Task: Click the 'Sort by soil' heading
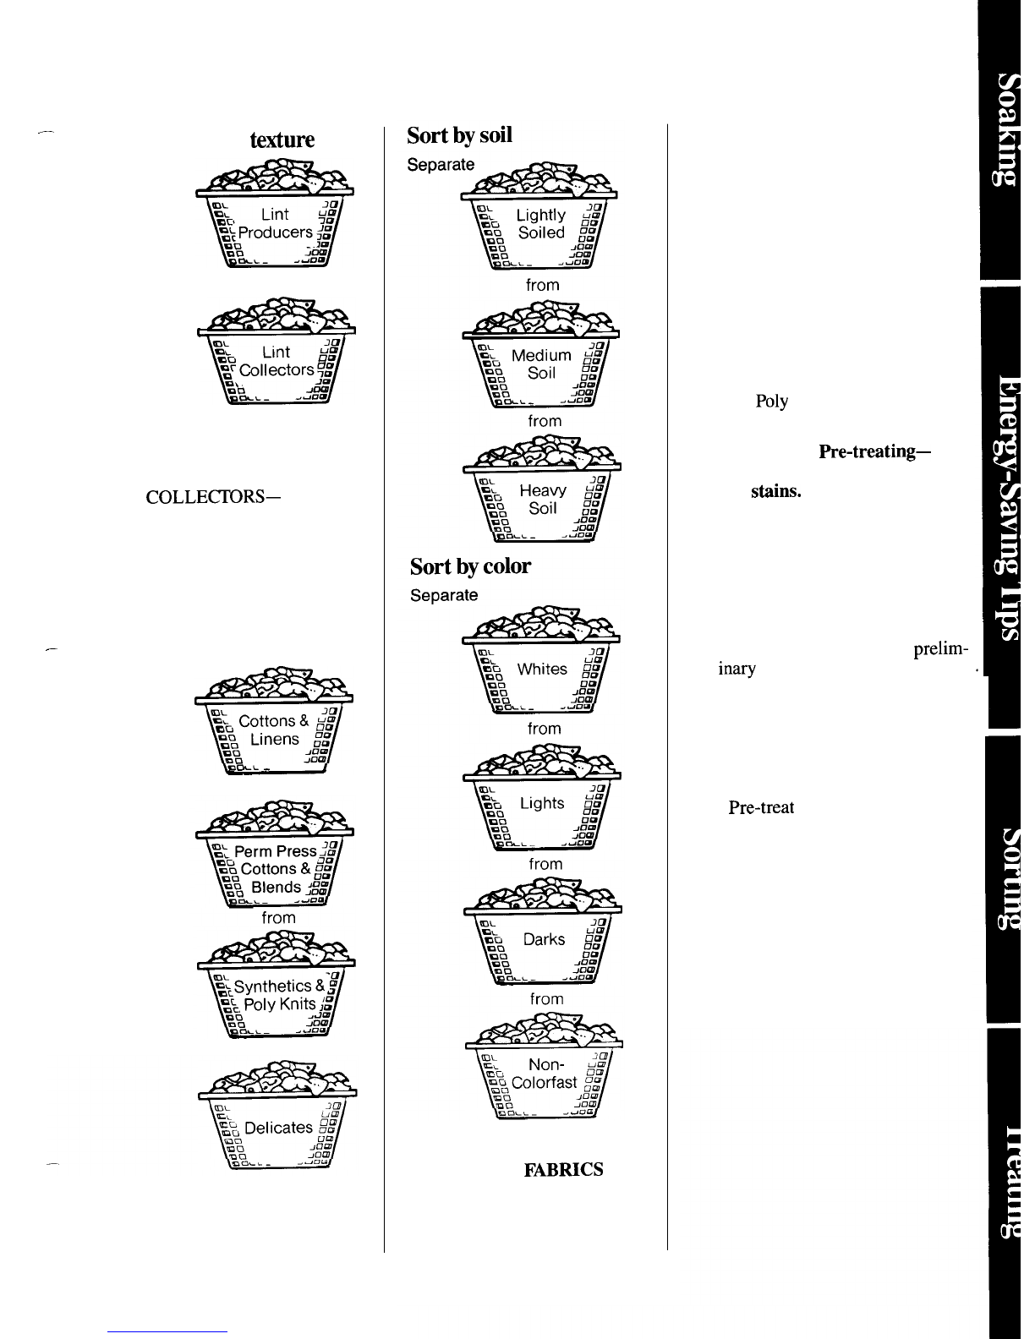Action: (x=459, y=136)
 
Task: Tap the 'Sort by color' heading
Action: (x=470, y=566)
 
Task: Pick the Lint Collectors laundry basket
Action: (x=276, y=358)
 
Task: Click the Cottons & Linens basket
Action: (x=272, y=728)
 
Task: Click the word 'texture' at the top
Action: (x=282, y=139)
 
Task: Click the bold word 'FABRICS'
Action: (x=563, y=1170)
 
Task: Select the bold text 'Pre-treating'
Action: (x=874, y=451)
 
